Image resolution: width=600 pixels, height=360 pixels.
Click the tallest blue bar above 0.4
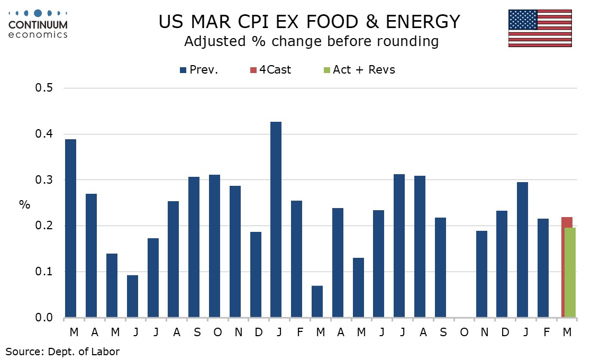tap(276, 220)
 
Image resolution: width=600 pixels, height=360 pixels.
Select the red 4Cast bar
tap(566, 222)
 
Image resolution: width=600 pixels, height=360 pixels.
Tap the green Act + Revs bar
tap(571, 273)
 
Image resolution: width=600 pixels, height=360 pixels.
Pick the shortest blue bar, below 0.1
tap(317, 302)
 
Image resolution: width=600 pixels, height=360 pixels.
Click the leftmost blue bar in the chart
tap(70, 228)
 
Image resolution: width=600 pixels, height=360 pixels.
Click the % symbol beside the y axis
tap(25, 204)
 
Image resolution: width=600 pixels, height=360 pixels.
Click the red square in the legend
tap(254, 70)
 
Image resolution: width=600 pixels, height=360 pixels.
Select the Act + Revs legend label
tap(363, 70)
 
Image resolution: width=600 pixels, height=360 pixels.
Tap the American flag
tap(540, 28)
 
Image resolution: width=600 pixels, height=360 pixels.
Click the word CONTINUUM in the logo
tap(38, 25)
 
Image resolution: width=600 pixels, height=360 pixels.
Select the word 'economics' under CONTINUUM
tap(38, 34)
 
